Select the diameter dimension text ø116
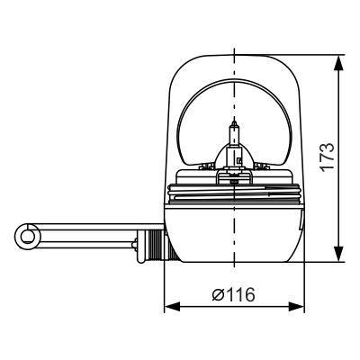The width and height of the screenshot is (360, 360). coord(233,294)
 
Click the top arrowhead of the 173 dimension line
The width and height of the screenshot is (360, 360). coord(340,62)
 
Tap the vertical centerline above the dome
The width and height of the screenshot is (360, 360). coord(234,40)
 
